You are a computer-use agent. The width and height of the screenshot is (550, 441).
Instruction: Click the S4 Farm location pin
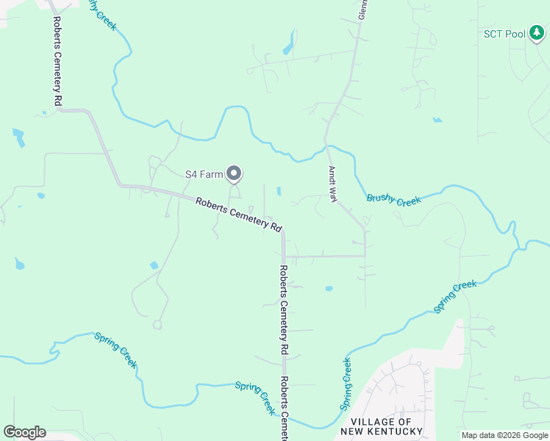coord(234,173)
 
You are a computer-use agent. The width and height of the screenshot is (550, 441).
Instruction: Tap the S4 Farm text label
coord(204,174)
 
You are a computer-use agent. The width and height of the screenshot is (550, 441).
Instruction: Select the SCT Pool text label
coord(504,34)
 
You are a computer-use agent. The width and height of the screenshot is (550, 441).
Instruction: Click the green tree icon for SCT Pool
coord(537,33)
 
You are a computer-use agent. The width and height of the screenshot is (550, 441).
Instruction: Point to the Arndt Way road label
coord(332,184)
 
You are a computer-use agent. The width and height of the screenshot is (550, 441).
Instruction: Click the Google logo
coord(24,432)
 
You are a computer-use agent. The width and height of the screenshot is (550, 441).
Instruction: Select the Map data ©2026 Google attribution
coord(505,435)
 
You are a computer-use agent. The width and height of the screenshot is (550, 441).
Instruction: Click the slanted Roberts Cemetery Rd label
coord(239,214)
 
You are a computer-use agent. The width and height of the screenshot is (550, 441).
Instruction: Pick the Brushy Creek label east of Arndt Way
coord(393,199)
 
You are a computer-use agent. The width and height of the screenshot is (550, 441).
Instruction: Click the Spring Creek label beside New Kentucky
coord(346,384)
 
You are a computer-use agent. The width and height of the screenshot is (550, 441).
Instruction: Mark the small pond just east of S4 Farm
coord(279,192)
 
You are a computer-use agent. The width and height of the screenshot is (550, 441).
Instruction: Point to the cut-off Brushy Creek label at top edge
coord(103,13)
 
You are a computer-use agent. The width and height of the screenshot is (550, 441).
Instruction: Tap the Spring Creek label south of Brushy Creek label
coord(455,297)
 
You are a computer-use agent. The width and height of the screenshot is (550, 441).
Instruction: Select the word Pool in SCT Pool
coord(515,34)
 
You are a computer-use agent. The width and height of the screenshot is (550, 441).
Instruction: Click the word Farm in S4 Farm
coord(213,174)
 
